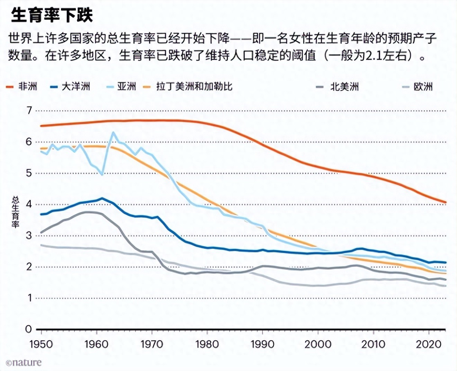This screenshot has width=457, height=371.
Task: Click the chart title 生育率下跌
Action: pyautogui.click(x=52, y=16)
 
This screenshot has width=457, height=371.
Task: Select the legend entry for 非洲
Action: pyautogui.click(x=21, y=87)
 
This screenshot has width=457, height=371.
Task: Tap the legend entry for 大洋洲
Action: pyautogui.click(x=70, y=87)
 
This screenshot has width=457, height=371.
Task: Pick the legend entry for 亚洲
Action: pyautogui.click(x=122, y=87)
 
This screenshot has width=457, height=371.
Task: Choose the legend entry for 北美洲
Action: pyautogui.click(x=338, y=87)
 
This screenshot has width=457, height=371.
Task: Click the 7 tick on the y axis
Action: pyautogui.click(x=29, y=111)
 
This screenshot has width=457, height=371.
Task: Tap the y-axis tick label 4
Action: pyautogui.click(x=29, y=205)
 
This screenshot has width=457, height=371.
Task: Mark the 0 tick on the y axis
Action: pyautogui.click(x=28, y=329)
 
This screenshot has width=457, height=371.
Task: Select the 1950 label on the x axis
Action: pyautogui.click(x=41, y=345)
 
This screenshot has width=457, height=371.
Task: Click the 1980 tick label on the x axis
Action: pyautogui.click(x=207, y=345)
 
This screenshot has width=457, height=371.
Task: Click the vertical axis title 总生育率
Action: pyautogui.click(x=15, y=212)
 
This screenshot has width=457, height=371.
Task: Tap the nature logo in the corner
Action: pyautogui.click(x=24, y=362)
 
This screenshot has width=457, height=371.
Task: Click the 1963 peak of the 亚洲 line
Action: pyautogui.click(x=113, y=133)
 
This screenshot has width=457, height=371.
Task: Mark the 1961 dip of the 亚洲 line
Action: pyautogui.click(x=102, y=174)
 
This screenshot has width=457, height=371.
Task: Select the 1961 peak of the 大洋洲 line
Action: pyautogui.click(x=102, y=198)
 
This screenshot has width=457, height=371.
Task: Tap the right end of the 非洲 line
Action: pyautogui.click(x=446, y=202)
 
